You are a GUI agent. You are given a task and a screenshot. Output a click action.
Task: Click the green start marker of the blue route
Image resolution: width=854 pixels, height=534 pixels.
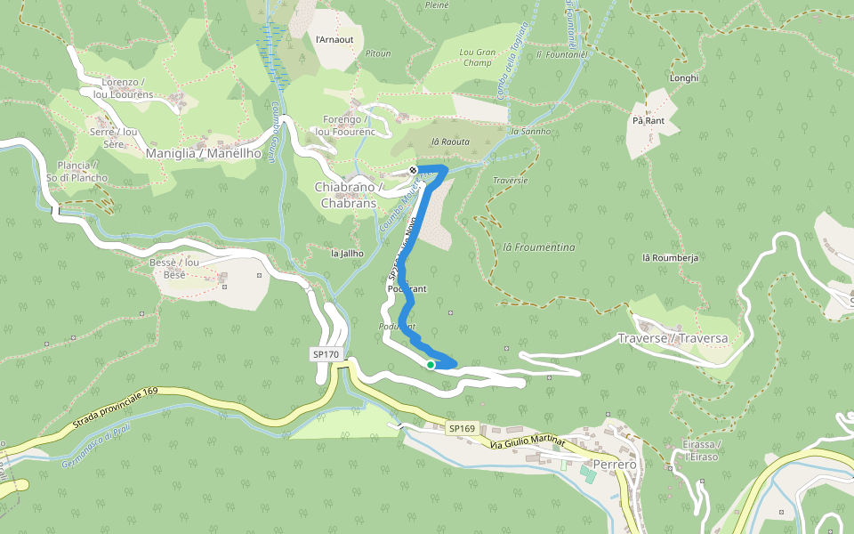point(431,365)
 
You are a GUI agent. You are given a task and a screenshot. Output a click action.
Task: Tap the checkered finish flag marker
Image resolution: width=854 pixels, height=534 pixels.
point(413,170)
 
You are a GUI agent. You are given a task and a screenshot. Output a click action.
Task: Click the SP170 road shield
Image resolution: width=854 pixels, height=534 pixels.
point(326,354)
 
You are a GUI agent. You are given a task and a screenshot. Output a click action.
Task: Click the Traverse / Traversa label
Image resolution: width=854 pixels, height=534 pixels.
point(673,339)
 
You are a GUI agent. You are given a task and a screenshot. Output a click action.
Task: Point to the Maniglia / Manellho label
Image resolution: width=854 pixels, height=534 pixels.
point(203,153)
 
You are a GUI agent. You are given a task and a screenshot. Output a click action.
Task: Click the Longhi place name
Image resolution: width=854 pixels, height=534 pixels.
point(683,77)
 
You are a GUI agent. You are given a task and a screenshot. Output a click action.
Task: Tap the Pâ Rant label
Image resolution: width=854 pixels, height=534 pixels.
point(649,119)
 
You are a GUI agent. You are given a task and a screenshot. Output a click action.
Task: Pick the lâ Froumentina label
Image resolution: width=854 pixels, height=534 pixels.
point(539,247)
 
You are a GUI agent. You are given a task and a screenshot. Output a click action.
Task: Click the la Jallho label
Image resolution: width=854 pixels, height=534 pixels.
point(347,253)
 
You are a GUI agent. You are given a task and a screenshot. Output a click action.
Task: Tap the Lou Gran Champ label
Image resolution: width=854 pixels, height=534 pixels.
point(477,58)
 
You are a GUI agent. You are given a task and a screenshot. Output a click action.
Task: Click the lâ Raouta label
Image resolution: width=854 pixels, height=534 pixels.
point(449,142)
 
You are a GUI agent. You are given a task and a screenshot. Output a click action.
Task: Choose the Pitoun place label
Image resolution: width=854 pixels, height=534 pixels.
point(378,53)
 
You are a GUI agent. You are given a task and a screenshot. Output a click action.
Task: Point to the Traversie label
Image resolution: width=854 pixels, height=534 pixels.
point(510,181)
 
